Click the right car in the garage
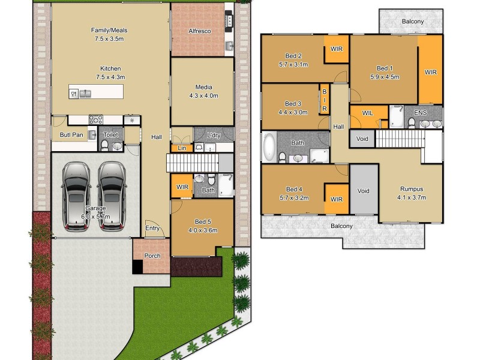pos(111,195)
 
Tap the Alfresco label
pos(199,31)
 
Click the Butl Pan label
pos(71,135)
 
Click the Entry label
pos(152,228)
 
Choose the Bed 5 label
pos(202,221)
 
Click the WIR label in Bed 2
pos(336,49)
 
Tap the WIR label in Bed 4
pos(336,199)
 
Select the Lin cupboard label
pos(181,148)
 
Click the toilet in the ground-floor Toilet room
pos(116,145)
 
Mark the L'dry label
pos(214,135)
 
